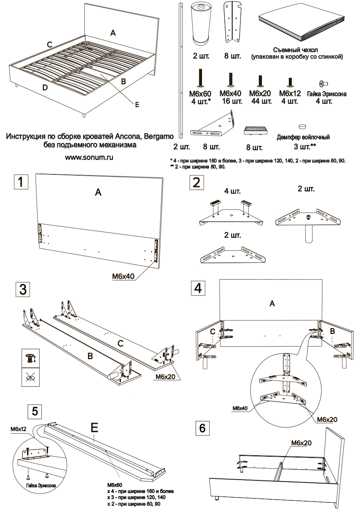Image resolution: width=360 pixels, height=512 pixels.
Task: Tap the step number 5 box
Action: point(34,411)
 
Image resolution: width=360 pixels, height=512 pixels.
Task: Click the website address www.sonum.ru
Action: point(90,157)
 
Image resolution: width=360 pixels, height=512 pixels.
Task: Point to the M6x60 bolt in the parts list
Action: point(199,77)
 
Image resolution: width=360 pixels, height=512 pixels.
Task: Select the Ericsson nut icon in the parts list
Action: point(322,83)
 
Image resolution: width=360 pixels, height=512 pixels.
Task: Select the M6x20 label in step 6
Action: point(301,442)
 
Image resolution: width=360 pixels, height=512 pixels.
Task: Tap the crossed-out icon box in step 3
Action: point(30,378)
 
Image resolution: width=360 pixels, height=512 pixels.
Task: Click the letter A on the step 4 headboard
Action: point(272,304)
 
